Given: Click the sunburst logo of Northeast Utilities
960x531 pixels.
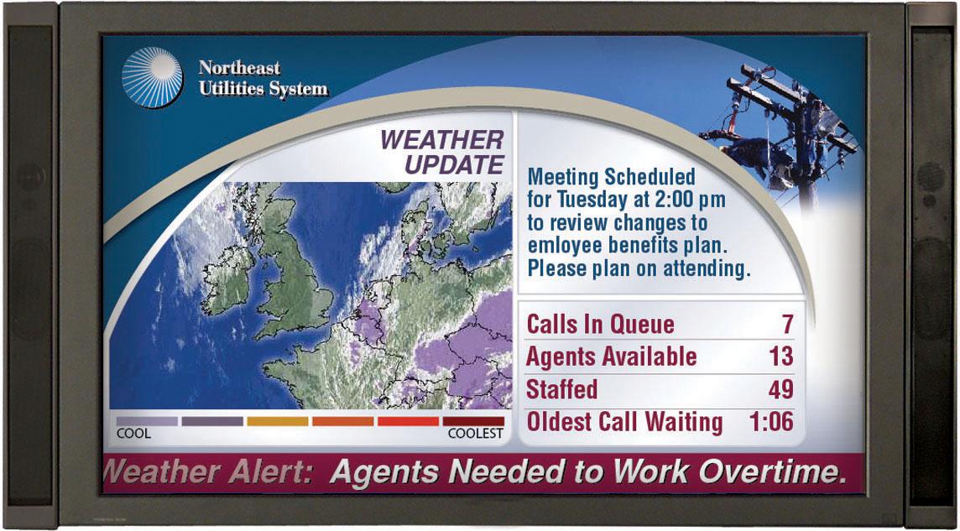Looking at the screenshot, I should [x=152, y=78].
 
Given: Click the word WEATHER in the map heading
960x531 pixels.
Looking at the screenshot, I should [x=442, y=140].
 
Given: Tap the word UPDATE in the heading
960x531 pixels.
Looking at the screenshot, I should [x=454, y=165].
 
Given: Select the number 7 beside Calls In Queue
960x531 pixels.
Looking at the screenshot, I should [x=786, y=325].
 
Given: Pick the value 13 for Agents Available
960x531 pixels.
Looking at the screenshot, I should [x=780, y=357].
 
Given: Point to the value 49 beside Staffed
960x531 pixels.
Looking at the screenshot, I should [x=780, y=389].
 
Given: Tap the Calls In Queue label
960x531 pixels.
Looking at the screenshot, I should [x=600, y=325].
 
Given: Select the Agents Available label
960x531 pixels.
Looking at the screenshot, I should [x=611, y=357].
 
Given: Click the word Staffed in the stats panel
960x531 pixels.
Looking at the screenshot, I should [x=561, y=389].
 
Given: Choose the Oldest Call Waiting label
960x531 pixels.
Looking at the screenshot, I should [x=624, y=422].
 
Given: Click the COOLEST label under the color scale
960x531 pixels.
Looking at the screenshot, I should [x=476, y=435].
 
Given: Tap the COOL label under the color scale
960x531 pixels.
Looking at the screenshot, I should [x=133, y=435].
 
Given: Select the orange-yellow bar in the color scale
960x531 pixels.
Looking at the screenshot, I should [x=278, y=421].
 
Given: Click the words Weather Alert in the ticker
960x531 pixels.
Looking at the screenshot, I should [x=209, y=472].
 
